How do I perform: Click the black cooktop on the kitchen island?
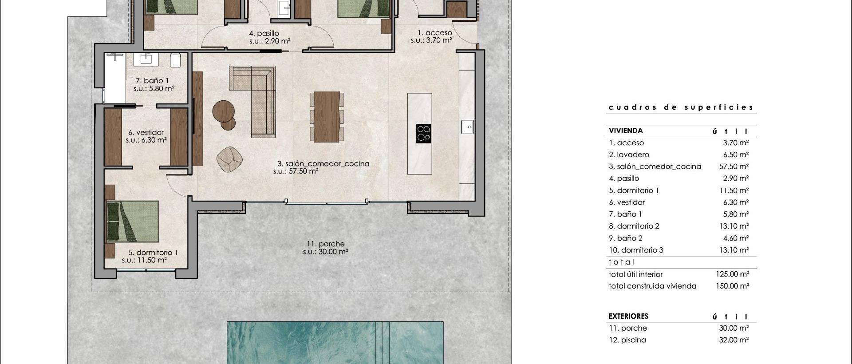point(424,134)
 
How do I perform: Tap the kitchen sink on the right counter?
point(468,127)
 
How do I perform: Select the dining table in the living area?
point(327,117)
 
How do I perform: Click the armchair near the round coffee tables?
point(229,159)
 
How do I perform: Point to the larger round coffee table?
point(223,111)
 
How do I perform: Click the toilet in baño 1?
point(175,60)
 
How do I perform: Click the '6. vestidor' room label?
point(146,132)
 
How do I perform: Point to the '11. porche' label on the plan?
point(325,244)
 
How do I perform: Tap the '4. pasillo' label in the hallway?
point(264,33)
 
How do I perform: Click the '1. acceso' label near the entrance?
point(434,32)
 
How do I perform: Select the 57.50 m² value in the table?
point(734,166)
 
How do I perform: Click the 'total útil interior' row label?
point(635,274)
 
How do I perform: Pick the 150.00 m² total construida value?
point(732,286)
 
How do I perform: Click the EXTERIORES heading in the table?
point(628,316)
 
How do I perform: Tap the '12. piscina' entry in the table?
point(627,340)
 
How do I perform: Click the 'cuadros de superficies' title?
point(681,107)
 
